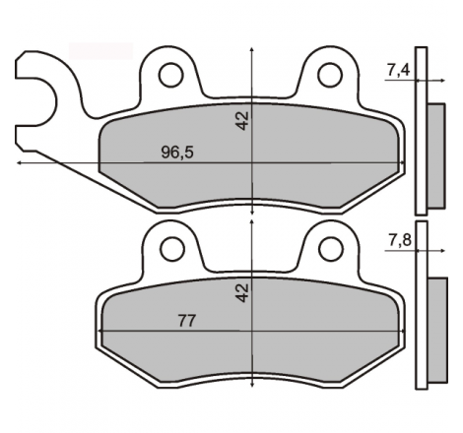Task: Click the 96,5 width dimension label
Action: tap(177, 153)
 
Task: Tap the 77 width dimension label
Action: tap(187, 321)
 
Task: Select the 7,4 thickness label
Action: tap(399, 70)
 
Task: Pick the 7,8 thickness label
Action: tap(400, 240)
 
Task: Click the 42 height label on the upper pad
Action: tap(242, 121)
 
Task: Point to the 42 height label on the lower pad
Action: tap(242, 293)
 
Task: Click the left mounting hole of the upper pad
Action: tap(170, 75)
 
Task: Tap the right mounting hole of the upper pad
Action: tap(330, 75)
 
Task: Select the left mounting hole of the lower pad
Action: tap(172, 249)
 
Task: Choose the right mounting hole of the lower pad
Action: tap(331, 249)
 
